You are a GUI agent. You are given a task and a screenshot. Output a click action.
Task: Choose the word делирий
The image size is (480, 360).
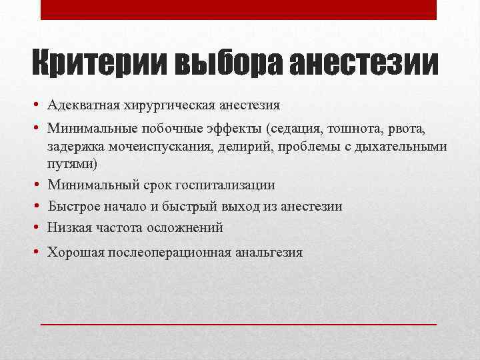click(x=231, y=146)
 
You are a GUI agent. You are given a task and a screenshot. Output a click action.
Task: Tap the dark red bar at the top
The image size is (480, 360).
click(x=239, y=9)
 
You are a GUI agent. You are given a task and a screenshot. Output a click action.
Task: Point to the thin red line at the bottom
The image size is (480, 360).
click(x=239, y=323)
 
